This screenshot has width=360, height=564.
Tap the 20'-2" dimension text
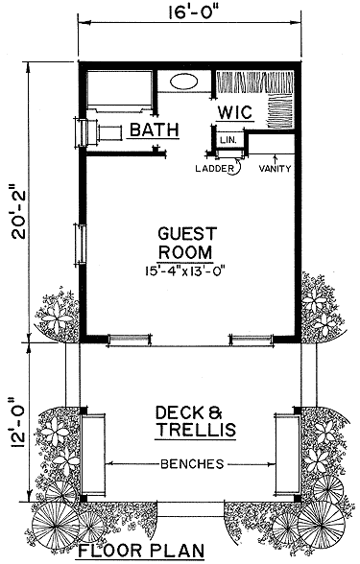(19, 212)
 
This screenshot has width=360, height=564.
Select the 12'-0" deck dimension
(19, 423)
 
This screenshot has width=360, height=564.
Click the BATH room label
(154, 129)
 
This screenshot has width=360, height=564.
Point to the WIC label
(235, 112)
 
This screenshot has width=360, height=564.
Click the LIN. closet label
(228, 140)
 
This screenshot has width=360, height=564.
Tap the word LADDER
(214, 168)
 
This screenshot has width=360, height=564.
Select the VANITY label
(275, 168)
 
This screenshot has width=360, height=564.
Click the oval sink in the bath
(184, 82)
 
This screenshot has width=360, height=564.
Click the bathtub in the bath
(119, 91)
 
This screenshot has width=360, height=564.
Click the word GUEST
(187, 233)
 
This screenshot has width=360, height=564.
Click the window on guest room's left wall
(81, 245)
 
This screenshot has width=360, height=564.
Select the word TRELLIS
(197, 429)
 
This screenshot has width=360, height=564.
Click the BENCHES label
(192, 464)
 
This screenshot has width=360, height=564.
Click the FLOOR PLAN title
(141, 551)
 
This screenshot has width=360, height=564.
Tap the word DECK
(176, 412)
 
